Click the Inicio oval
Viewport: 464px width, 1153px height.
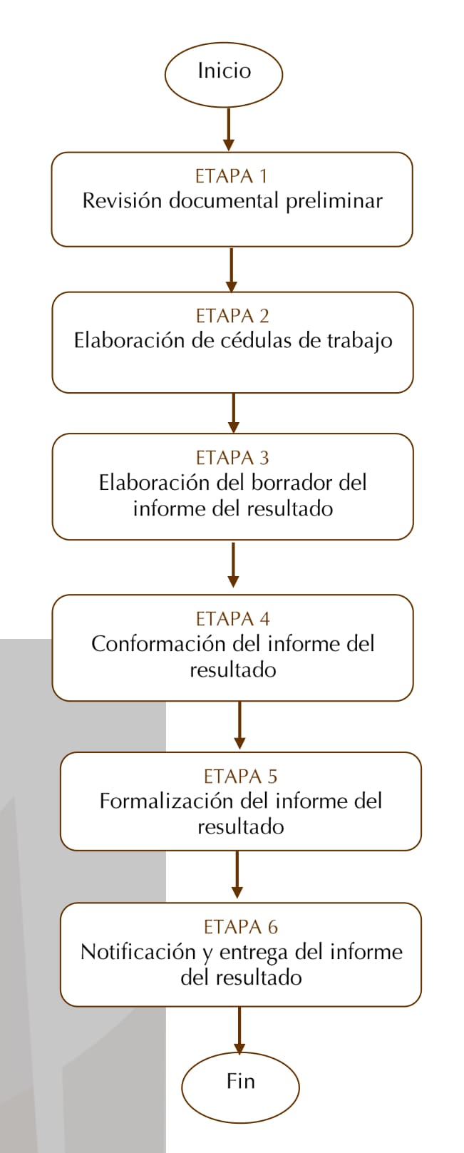[x=224, y=74]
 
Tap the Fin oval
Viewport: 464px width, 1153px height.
[x=240, y=1087]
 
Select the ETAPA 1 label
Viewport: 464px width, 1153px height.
[x=232, y=176]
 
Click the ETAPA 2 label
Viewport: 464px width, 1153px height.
[x=232, y=316]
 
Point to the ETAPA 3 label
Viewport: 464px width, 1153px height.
[x=232, y=458]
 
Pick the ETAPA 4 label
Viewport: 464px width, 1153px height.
[x=232, y=619]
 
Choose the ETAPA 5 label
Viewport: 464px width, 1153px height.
[x=241, y=777]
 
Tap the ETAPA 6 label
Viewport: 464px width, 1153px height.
[x=241, y=927]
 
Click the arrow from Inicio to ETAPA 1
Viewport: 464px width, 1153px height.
[x=229, y=129]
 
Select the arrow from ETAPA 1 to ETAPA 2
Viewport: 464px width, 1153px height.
[x=232, y=270]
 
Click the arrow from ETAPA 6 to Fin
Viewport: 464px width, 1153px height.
[x=239, y=1030]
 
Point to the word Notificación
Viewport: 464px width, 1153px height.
[x=138, y=952]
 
